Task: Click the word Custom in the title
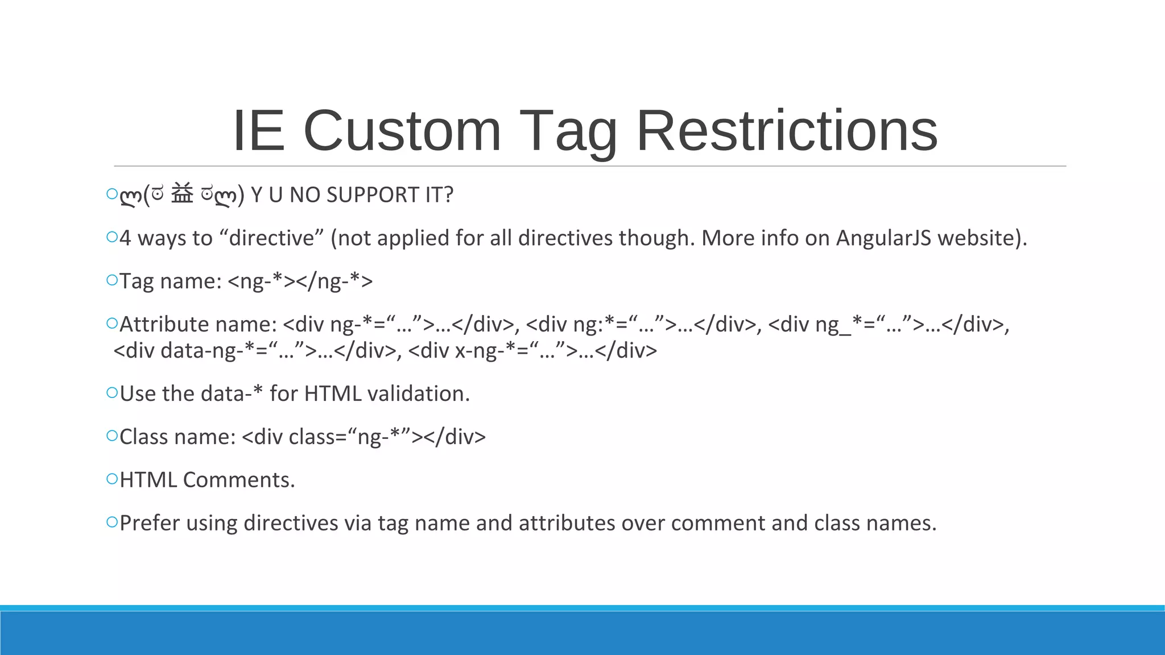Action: (402, 131)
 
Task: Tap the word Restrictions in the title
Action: (787, 131)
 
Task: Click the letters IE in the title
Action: (258, 131)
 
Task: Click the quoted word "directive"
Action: (271, 238)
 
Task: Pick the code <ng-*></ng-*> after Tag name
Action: (300, 281)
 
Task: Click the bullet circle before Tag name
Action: (112, 280)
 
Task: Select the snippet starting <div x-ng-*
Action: (532, 351)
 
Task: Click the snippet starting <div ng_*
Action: (887, 325)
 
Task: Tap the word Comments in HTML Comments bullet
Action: (239, 480)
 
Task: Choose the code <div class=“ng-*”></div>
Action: (363, 437)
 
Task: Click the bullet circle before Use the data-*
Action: (112, 392)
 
